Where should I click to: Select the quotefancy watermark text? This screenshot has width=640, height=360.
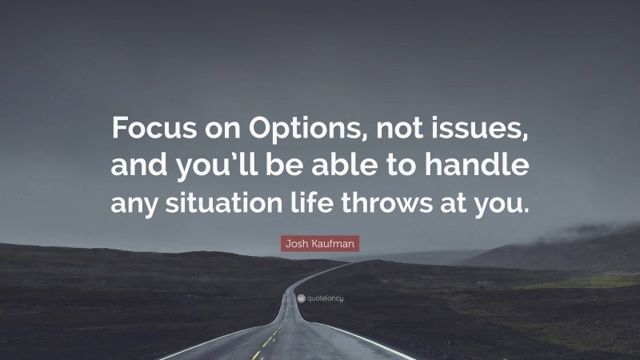325,298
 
